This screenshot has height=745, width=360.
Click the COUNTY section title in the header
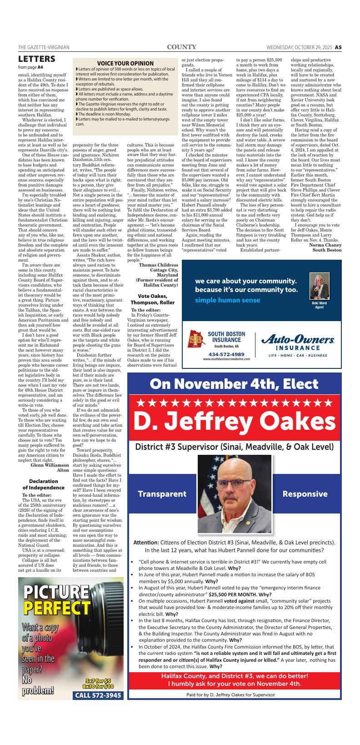pyautogui.click(x=181, y=47)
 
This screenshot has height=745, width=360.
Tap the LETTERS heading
pyautogui.click(x=37, y=59)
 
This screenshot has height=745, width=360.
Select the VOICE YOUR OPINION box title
pyautogui.click(x=125, y=63)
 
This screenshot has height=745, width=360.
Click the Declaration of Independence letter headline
pyautogui.click(x=44, y=484)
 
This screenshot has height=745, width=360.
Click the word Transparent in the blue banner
pyautogui.click(x=162, y=494)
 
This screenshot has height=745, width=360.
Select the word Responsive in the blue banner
pyautogui.click(x=305, y=494)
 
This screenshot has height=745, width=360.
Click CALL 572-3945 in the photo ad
pyautogui.click(x=98, y=695)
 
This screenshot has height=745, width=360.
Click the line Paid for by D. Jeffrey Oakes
pyautogui.click(x=230, y=695)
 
